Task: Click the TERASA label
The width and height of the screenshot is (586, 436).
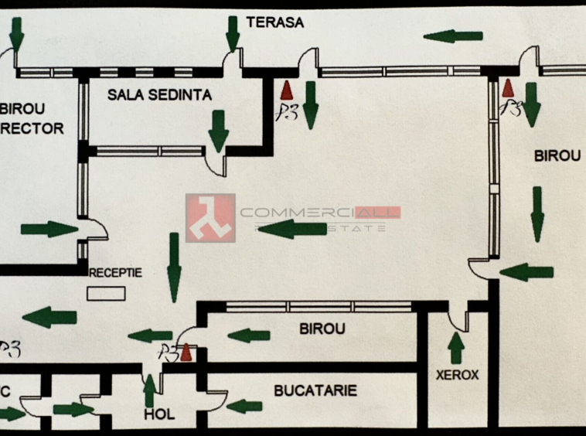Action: click(x=274, y=22)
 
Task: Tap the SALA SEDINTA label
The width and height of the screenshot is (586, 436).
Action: click(x=159, y=95)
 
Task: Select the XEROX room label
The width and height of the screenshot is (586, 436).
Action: click(x=457, y=376)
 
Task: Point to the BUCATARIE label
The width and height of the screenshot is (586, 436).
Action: click(x=315, y=391)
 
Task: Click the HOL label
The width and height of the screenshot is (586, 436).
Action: click(x=159, y=415)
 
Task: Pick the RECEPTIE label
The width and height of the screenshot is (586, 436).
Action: click(x=116, y=273)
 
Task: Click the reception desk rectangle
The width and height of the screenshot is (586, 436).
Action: click(x=106, y=293)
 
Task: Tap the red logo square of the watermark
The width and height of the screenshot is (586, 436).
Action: click(x=210, y=218)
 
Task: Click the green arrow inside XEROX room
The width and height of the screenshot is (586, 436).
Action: click(x=456, y=349)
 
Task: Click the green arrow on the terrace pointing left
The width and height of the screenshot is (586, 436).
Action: click(x=453, y=36)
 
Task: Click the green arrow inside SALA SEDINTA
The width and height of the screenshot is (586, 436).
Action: click(x=219, y=130)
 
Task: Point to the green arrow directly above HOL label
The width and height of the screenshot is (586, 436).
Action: click(x=149, y=390)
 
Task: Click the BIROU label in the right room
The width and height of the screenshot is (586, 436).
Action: click(x=557, y=156)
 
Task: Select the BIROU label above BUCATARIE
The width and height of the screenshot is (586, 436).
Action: click(x=322, y=329)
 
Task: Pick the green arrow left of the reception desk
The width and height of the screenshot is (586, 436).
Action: click(x=49, y=317)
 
